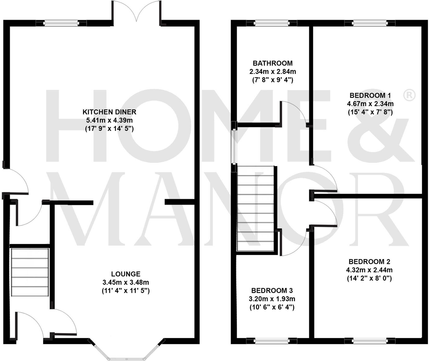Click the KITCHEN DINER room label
pyautogui.click(x=109, y=112)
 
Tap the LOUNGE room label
pyautogui.click(x=126, y=274)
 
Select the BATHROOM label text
pyautogui.click(x=273, y=63)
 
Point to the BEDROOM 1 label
pyautogui.click(x=370, y=95)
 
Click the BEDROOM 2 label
pyautogui.click(x=369, y=261)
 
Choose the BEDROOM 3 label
pyautogui.click(x=272, y=290)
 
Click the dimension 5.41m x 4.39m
pyautogui.click(x=109, y=120)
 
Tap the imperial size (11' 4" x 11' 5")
pyautogui.click(x=126, y=291)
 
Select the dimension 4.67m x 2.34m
pyautogui.click(x=370, y=104)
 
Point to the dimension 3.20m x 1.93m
pyautogui.click(x=272, y=299)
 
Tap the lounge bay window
pyautogui.click(x=127, y=351)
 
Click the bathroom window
pyautogui.click(x=272, y=24)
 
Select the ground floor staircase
pyautogui.click(x=30, y=272)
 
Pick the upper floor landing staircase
pyautogui.click(x=256, y=208)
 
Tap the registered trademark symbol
pyautogui.click(x=409, y=95)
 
